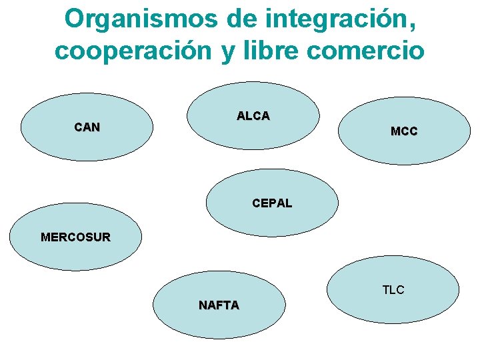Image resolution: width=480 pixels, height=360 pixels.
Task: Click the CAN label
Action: [87, 127]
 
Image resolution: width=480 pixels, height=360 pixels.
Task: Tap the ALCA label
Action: [253, 116]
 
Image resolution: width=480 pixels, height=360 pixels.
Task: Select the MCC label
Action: [404, 132]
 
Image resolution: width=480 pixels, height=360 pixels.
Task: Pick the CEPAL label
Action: [272, 203]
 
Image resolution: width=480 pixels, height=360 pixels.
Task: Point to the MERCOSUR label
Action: [75, 237]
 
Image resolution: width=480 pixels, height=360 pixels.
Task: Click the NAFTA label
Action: [219, 305]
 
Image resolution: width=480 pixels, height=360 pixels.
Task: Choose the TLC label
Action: [393, 290]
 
